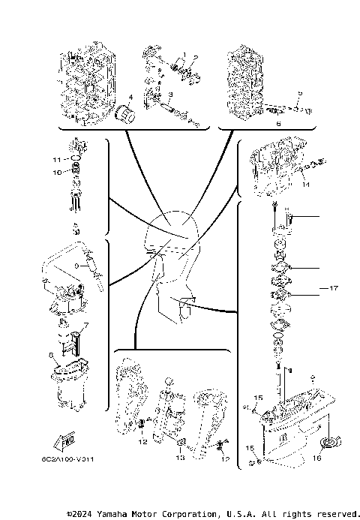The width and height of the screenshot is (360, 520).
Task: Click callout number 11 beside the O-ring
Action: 55,160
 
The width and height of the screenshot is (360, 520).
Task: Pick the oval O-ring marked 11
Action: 75,159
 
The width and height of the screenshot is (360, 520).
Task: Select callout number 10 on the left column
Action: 55,173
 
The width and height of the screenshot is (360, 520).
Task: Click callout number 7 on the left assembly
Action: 85,325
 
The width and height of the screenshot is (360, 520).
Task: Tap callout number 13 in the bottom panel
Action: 180,457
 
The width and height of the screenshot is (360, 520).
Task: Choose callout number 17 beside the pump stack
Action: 334,287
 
